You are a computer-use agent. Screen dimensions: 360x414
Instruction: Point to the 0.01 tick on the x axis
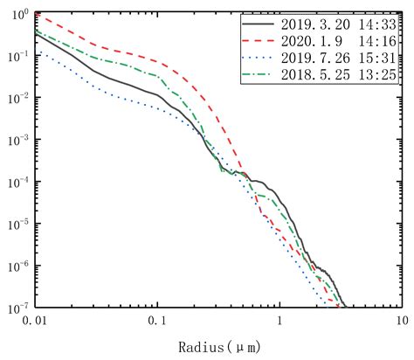pyautogui.click(x=35, y=322)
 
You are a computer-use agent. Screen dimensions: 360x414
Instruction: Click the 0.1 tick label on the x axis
pyautogui.click(x=157, y=322)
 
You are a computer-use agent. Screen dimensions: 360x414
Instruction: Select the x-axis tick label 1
pyautogui.click(x=279, y=322)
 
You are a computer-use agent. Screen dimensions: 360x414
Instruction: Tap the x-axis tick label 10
pyautogui.click(x=401, y=322)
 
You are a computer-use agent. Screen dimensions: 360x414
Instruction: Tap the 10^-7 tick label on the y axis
pyautogui.click(x=17, y=308)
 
